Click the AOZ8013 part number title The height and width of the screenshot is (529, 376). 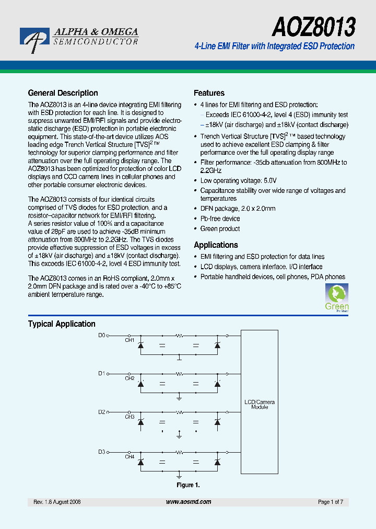[x=314, y=26]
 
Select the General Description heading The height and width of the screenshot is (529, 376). [x=63, y=93]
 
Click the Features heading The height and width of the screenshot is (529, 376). [x=209, y=93]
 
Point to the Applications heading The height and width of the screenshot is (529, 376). [x=216, y=245]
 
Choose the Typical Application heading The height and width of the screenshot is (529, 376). [x=62, y=324]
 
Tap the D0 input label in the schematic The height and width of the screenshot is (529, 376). [x=102, y=336]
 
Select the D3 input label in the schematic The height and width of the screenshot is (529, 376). [x=102, y=452]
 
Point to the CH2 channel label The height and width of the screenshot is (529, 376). [x=130, y=378]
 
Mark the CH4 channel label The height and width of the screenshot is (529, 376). [x=130, y=457]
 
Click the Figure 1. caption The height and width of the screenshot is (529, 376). [x=188, y=485]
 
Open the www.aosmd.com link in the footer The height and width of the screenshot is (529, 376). [x=189, y=502]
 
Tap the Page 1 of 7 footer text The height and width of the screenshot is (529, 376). [x=331, y=502]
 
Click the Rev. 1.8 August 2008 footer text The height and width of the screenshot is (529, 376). [x=57, y=502]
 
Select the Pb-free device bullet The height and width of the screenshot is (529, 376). [x=220, y=218]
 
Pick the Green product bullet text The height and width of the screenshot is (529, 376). [x=220, y=229]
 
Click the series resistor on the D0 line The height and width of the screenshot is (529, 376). [x=179, y=336]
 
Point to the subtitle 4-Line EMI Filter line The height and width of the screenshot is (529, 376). [x=274, y=47]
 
